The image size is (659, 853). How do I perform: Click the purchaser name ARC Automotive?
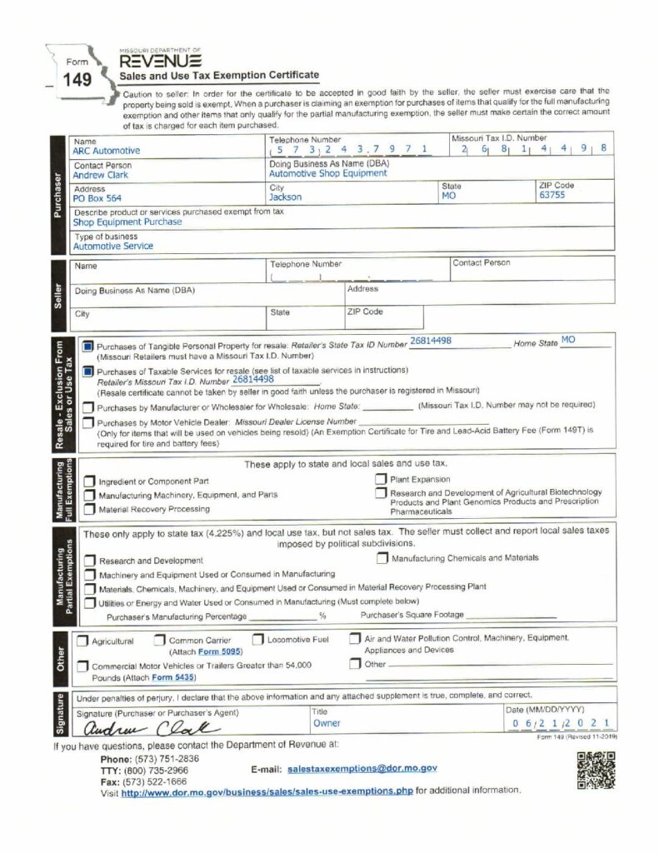107,151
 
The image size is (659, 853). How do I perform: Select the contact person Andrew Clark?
101,176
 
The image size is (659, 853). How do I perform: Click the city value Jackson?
286,197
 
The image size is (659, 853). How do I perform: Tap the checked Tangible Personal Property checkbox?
88,347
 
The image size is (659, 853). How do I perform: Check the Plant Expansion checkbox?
380,479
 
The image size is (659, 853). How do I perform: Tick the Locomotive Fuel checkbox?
258,640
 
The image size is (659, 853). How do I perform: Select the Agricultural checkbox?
83,641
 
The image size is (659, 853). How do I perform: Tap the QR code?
595,770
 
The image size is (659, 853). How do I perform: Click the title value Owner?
327,724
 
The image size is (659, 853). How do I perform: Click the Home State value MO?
568,340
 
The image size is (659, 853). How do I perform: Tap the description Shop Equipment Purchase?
127,222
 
